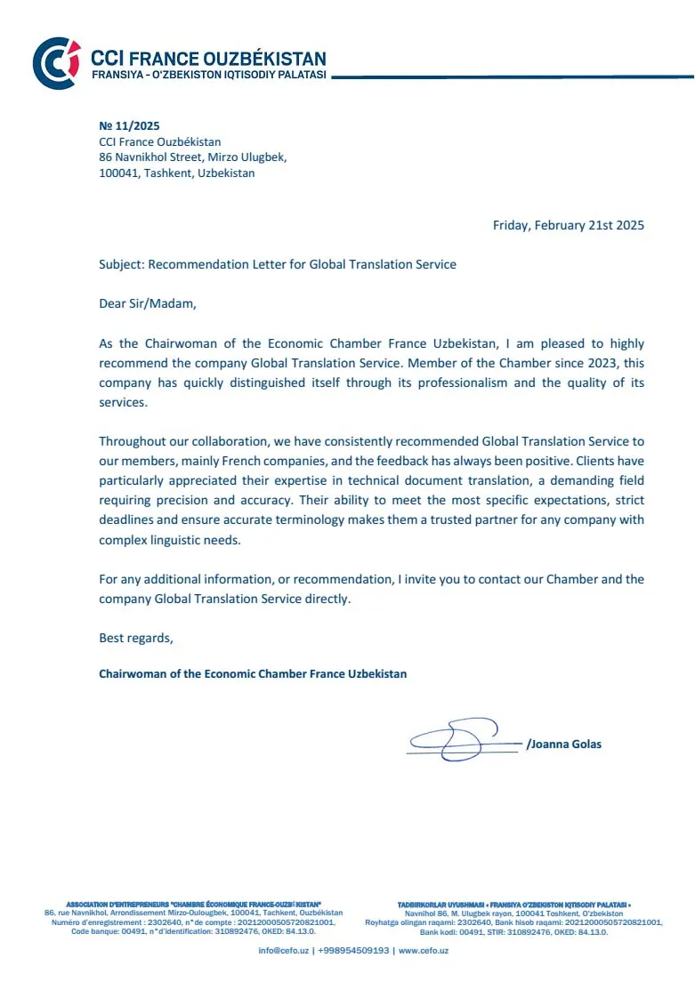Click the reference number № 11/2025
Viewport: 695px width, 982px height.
pyautogui.click(x=129, y=126)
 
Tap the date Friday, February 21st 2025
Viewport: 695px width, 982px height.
pyautogui.click(x=568, y=225)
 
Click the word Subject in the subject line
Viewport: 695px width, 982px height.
pyautogui.click(x=120, y=264)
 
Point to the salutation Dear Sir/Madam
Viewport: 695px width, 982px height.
pyautogui.click(x=146, y=303)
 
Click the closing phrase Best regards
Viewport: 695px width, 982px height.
pyautogui.click(x=136, y=638)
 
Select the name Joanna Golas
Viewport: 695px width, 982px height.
pyautogui.click(x=565, y=744)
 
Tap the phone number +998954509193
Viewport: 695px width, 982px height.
pyautogui.click(x=354, y=951)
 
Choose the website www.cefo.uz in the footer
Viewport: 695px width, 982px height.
pyautogui.click(x=424, y=951)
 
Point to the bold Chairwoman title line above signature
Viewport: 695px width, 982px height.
pyautogui.click(x=253, y=673)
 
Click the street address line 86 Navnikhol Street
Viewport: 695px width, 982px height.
pyautogui.click(x=192, y=157)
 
